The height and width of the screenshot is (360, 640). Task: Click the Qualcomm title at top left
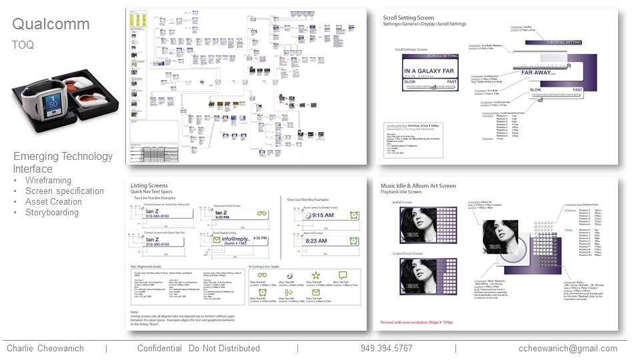[51, 25]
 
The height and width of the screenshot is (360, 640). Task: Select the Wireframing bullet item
[49, 181]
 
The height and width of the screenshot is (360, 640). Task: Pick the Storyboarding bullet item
[51, 213]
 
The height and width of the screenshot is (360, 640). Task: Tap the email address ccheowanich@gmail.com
[568, 349]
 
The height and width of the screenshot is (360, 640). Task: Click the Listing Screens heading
[149, 186]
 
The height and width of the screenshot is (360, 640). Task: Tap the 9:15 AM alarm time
[323, 215]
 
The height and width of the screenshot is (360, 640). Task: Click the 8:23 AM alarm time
[323, 241]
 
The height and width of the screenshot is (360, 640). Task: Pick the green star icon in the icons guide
[316, 275]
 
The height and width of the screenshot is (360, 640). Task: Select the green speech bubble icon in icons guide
[343, 275]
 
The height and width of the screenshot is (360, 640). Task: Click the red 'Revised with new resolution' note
[416, 322]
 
